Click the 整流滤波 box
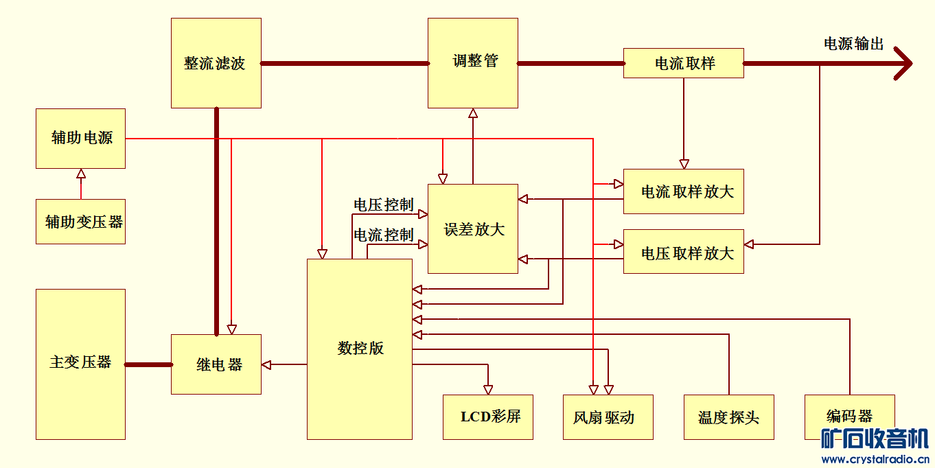click(216, 63)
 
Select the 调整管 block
click(472, 62)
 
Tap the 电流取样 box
click(683, 63)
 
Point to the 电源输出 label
click(853, 44)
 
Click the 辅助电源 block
click(80, 138)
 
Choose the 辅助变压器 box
click(80, 222)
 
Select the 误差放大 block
click(472, 229)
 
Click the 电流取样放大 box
click(683, 191)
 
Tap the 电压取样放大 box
click(683, 252)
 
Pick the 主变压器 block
click(80, 364)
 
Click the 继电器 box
click(216, 364)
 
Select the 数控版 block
click(359, 349)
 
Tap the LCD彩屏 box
click(487, 417)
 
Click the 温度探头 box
click(728, 417)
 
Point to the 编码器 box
click(849, 416)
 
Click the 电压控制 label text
click(383, 204)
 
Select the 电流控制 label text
click(383, 235)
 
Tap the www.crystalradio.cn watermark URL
click(875, 458)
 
